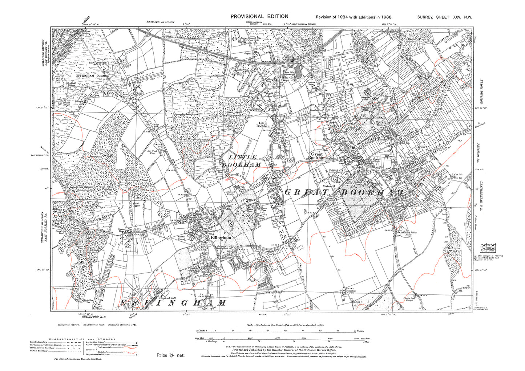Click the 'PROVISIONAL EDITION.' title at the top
[x=260, y=17]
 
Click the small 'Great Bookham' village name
[x=315, y=156]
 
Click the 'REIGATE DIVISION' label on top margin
[x=160, y=22]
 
